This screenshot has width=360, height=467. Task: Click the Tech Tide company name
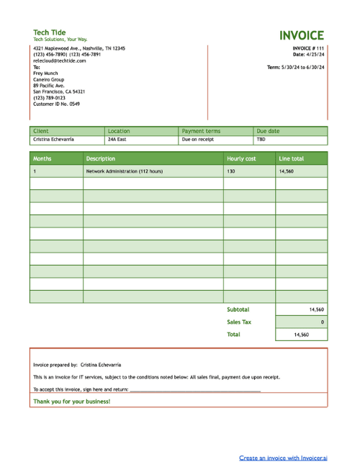point(49,32)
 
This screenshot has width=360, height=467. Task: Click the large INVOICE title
point(302,35)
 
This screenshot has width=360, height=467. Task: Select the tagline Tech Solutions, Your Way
point(60,40)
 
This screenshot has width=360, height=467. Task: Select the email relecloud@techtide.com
point(60,60)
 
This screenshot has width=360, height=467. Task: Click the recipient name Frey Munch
point(45,73)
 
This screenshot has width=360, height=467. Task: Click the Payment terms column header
point(201,131)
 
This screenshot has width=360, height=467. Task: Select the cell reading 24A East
point(117,140)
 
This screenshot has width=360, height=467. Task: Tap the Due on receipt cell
point(197,140)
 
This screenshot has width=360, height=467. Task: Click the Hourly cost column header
point(241,158)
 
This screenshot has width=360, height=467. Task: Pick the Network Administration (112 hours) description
point(125,171)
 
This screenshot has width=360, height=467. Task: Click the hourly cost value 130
point(231,171)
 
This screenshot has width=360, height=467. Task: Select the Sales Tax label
point(239,322)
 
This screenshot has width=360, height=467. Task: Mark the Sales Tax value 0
point(322,322)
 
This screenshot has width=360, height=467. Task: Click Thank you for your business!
point(72,401)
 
